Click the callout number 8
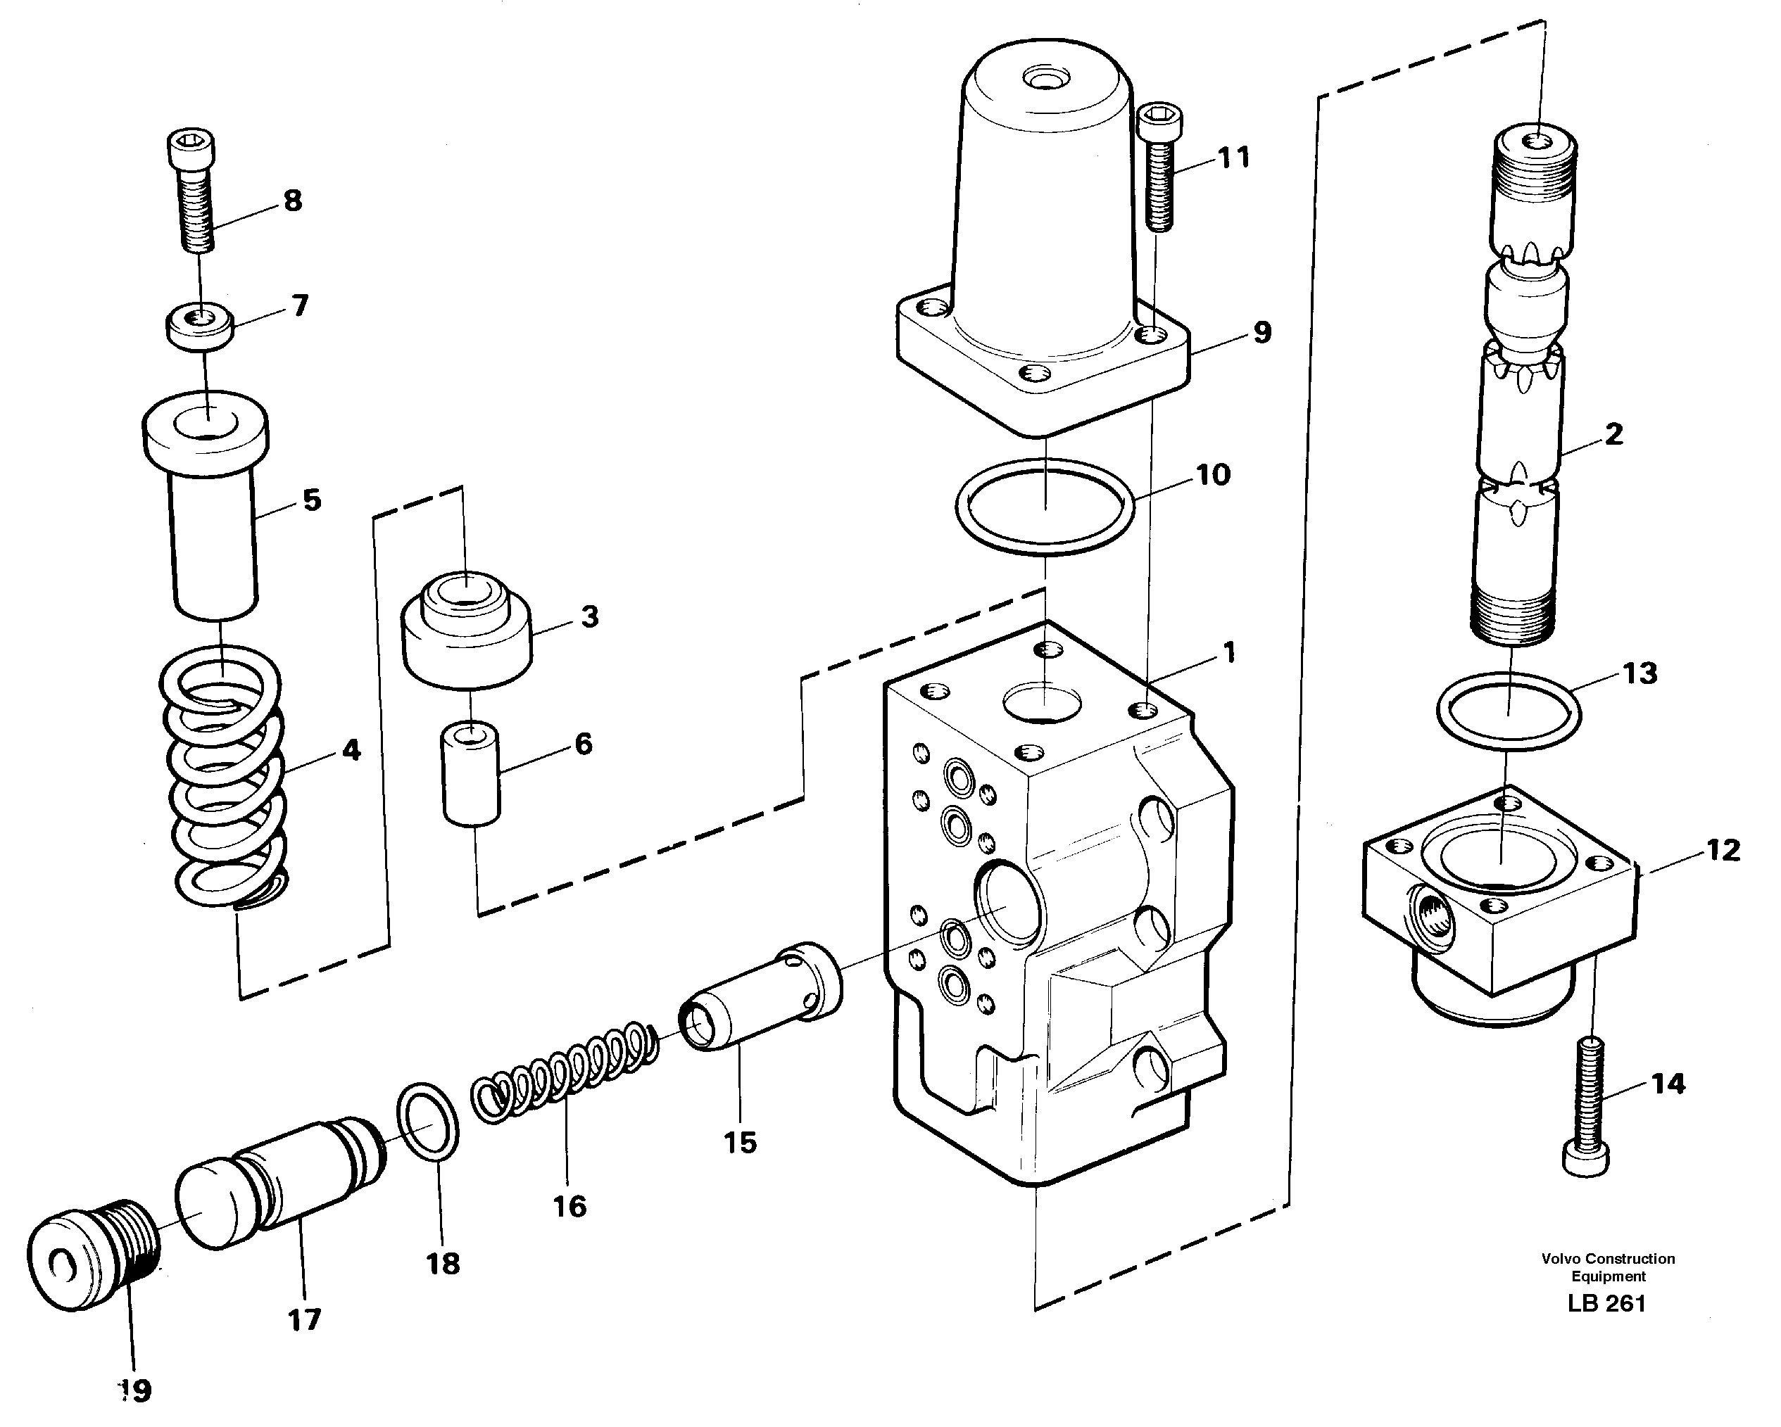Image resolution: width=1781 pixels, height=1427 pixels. click(x=292, y=201)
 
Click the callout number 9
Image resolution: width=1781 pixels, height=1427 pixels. click(x=1261, y=333)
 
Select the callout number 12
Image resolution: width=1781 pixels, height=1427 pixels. click(x=1723, y=850)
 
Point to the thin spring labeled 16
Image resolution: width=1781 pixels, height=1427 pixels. click(x=567, y=1074)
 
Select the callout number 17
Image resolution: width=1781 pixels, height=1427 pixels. click(x=303, y=1319)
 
